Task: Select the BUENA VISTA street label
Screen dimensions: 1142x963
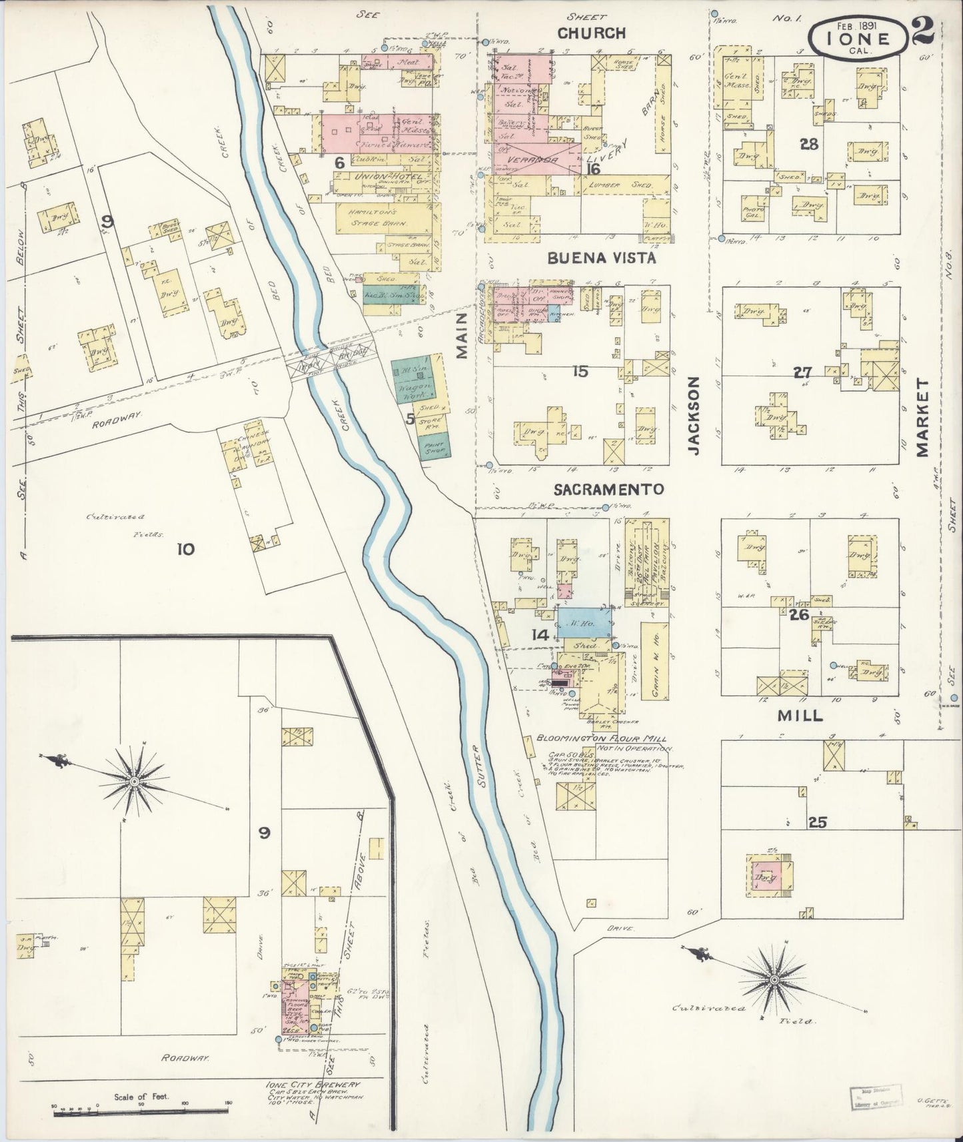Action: (602, 258)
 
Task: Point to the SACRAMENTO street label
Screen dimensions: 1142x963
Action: (609, 490)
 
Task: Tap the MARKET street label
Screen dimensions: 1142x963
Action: (922, 418)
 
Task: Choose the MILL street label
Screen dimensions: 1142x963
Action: (800, 716)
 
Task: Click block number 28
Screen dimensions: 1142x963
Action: (809, 144)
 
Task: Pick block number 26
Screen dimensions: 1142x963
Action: (798, 615)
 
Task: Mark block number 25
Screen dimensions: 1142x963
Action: (817, 823)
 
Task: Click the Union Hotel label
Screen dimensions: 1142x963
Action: (373, 177)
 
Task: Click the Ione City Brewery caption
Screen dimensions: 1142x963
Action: (313, 1085)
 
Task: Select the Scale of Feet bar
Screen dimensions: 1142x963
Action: (142, 1111)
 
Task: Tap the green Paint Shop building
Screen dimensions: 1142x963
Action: (434, 446)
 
